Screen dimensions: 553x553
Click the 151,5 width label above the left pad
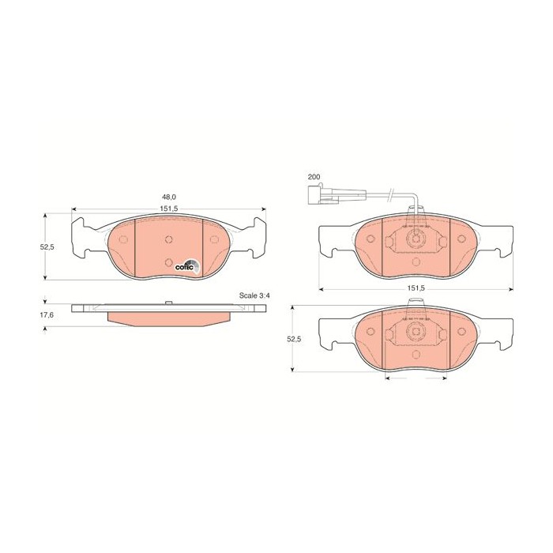click(x=168, y=209)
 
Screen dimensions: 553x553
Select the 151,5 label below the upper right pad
click(x=416, y=288)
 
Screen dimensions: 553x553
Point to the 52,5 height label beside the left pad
click(x=47, y=246)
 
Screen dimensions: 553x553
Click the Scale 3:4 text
click(x=254, y=295)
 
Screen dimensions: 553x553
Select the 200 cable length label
click(x=314, y=178)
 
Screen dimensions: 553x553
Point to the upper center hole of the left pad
click(x=168, y=240)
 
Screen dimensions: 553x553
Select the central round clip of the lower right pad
click(x=416, y=336)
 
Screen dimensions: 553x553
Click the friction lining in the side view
click(x=168, y=318)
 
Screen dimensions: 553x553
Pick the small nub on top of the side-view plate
click(x=168, y=303)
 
